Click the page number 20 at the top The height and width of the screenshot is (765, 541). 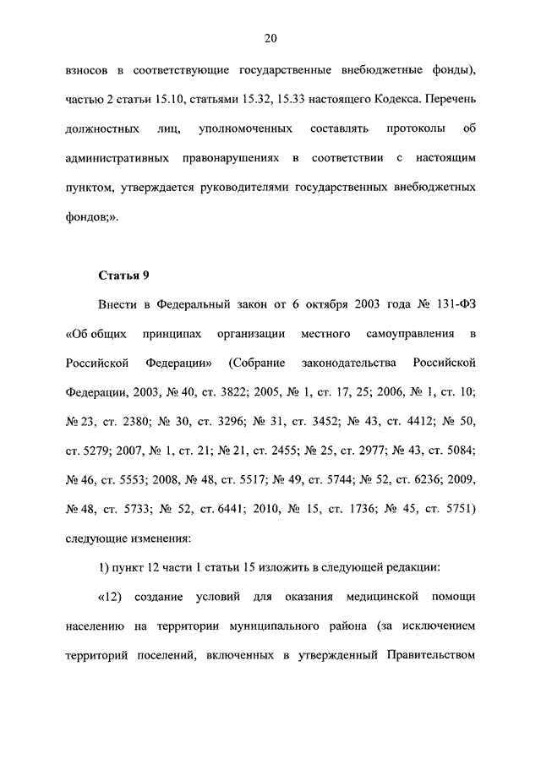270,38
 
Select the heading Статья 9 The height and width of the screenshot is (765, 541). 125,275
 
